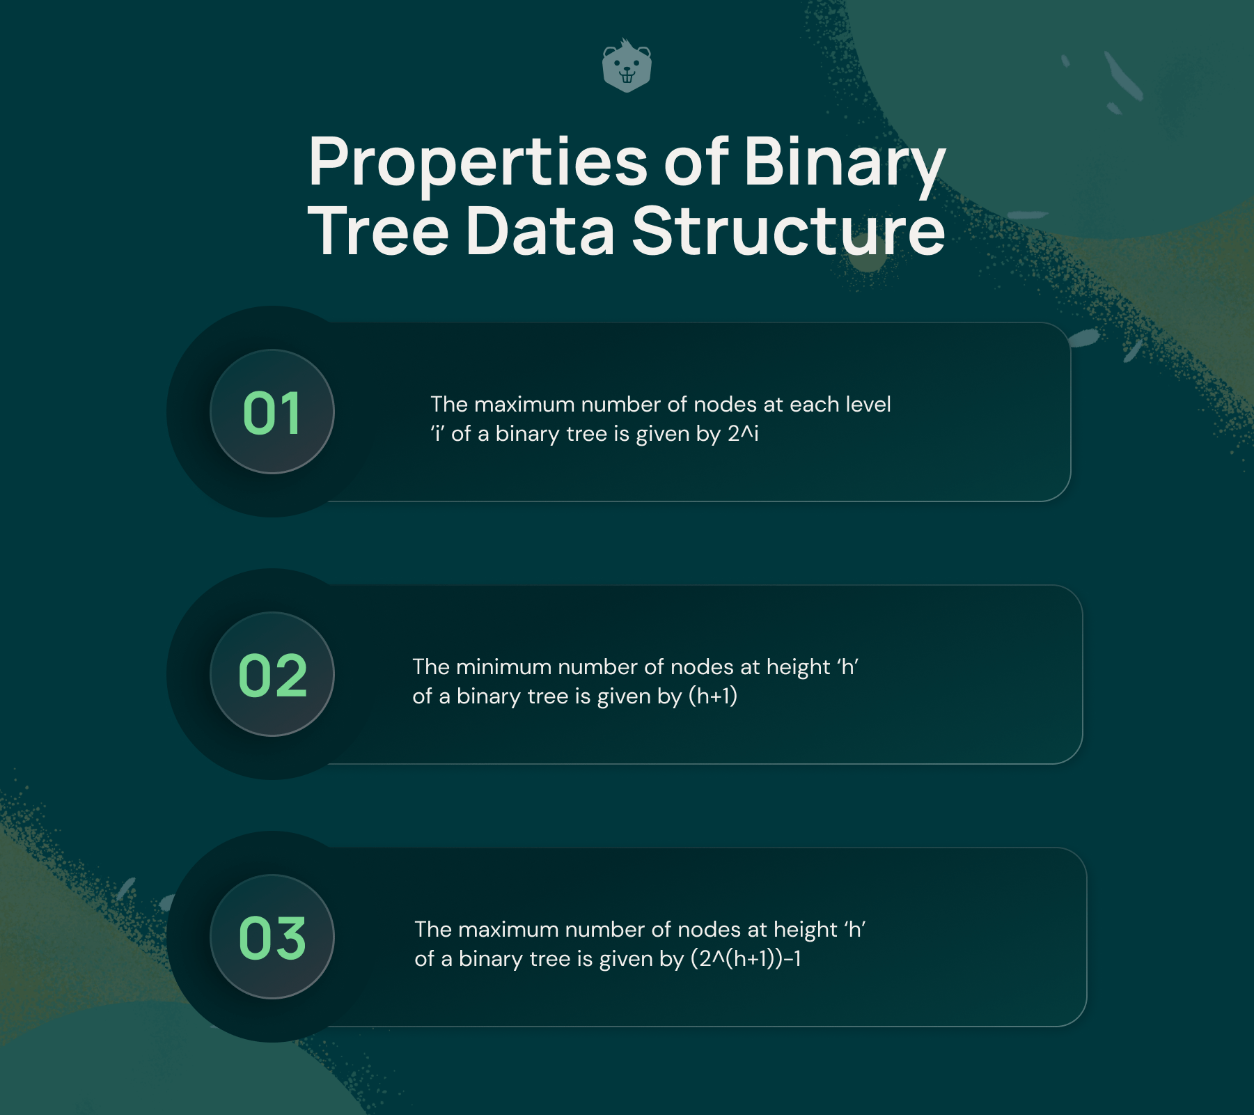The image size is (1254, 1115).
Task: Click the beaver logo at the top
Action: click(627, 67)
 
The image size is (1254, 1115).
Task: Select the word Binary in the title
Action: click(845, 163)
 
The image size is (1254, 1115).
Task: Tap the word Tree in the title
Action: click(379, 231)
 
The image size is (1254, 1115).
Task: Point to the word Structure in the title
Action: click(788, 231)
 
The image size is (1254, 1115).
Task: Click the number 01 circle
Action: click(272, 412)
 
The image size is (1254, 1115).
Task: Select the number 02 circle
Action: click(272, 674)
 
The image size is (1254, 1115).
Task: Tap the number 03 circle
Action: click(272, 937)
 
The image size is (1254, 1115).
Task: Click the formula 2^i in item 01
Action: click(743, 434)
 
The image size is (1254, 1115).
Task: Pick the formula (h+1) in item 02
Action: click(713, 696)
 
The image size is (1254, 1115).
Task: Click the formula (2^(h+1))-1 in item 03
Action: click(746, 959)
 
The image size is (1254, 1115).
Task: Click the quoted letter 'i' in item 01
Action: click(437, 434)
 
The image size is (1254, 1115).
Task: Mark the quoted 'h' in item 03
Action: click(855, 930)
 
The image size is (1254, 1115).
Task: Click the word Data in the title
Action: click(540, 231)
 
